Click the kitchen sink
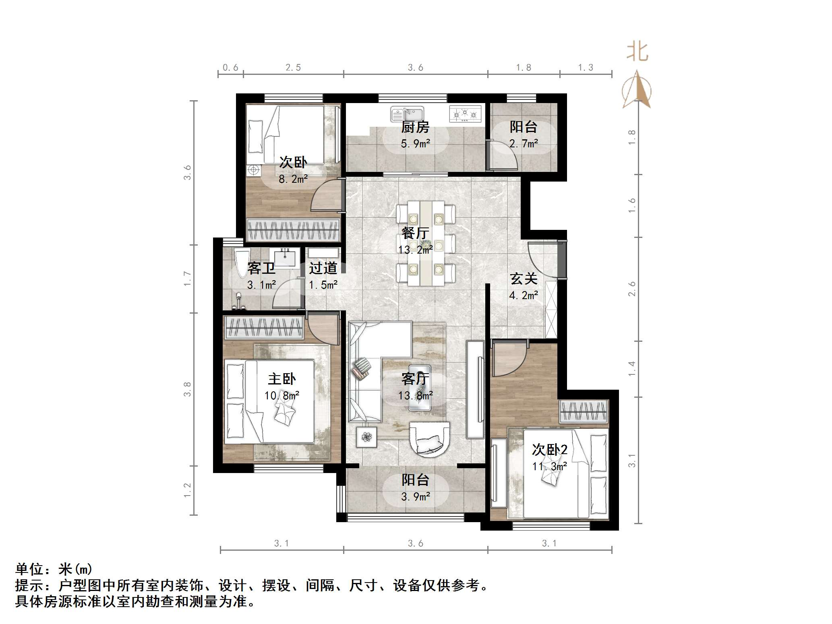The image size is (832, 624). pos(407,114)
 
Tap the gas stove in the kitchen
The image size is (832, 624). pos(465,114)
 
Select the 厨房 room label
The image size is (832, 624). pos(415,127)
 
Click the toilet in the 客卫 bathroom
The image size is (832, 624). pos(242,264)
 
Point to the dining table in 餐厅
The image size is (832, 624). pos(426,243)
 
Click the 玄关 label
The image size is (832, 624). pos(524,279)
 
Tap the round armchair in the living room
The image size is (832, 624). pos(429,439)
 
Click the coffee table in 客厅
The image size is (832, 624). pos(420,388)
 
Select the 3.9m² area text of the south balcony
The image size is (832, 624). pos(415,497)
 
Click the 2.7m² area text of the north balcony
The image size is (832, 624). pos(524,144)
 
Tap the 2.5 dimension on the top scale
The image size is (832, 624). pos(293,68)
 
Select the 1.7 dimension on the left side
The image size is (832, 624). pos(187,279)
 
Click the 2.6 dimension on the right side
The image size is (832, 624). pos(632,289)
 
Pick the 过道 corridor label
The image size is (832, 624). pos(323,268)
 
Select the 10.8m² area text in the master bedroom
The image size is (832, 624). pos(281,396)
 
